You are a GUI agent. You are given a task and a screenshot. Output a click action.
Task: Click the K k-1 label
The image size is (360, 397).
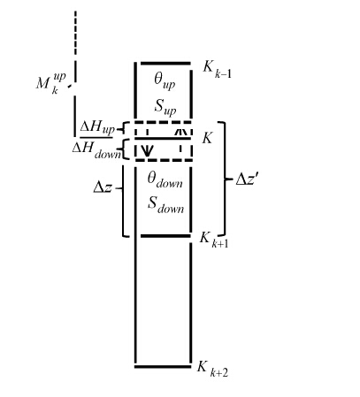217,70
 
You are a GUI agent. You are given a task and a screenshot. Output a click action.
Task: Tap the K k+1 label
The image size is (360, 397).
214,240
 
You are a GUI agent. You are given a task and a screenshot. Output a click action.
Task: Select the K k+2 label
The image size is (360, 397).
212,369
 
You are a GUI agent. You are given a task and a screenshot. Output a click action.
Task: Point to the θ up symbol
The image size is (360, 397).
165,81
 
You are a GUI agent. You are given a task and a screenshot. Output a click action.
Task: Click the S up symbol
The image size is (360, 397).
165,107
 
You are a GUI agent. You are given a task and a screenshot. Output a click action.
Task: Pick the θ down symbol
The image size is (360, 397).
165,180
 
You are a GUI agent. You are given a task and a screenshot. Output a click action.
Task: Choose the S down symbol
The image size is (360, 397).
165,205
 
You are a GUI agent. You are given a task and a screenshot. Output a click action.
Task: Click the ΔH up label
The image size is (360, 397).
97,128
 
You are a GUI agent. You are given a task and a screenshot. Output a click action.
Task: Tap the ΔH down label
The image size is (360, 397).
96,149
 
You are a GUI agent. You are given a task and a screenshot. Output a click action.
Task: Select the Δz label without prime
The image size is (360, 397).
103,187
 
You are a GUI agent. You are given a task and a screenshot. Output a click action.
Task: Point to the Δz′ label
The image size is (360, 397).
248,179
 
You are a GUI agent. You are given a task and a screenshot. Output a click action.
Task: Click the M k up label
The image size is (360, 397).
50,83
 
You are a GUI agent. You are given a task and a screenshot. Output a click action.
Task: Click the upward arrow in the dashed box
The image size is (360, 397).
180,132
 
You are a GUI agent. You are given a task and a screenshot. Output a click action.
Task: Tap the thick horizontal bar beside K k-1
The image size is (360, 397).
165,64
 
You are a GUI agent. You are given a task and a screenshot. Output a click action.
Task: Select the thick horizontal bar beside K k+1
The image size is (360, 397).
165,236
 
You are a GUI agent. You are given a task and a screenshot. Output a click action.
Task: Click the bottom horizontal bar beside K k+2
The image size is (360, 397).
163,367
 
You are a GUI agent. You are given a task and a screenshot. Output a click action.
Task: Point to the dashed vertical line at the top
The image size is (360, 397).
75,33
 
